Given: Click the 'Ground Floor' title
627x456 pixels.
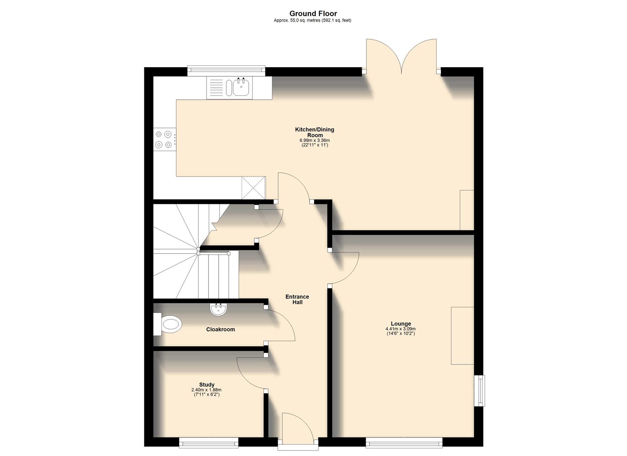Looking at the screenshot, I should [313, 14].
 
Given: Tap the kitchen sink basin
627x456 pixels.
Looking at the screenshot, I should [241, 88].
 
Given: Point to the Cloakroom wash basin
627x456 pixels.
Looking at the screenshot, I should [218, 309].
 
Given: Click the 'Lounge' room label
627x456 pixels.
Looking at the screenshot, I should [401, 324].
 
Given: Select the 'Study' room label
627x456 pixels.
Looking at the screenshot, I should [206, 385].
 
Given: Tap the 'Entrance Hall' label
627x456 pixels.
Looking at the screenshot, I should [297, 299].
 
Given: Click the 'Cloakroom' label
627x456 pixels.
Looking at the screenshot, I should [220, 329].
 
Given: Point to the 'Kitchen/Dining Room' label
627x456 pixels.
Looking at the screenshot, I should [314, 132].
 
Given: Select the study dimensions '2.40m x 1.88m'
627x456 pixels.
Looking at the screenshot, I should [206, 390].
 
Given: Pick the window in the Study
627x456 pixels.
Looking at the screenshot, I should [209, 442].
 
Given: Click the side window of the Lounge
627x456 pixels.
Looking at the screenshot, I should [480, 391].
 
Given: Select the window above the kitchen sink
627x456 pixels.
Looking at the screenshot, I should [226, 71].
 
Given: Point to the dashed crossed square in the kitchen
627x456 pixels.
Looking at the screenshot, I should [253, 188].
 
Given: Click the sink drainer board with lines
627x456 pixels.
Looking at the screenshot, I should [216, 88].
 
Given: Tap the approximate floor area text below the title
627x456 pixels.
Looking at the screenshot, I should [312, 20].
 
